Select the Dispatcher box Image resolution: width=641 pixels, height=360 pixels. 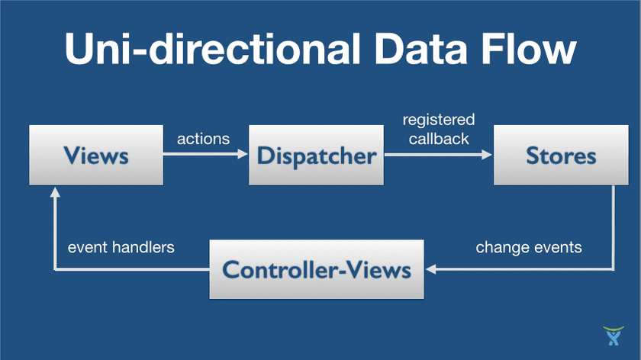point(317,156)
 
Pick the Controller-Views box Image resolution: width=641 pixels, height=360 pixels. point(316,269)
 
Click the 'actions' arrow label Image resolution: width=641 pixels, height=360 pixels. point(203,139)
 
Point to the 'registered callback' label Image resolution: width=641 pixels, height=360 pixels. point(438,129)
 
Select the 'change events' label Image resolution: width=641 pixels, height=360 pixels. point(529,247)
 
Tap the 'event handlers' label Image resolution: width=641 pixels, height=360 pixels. point(121,247)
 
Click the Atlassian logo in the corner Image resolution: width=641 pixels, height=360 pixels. point(612,336)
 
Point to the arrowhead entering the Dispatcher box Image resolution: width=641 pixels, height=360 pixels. point(244,156)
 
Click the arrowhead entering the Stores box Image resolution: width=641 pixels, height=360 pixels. point(488,156)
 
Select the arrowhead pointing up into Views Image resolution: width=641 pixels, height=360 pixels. point(53,194)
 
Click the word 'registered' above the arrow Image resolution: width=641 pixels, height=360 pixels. point(438,120)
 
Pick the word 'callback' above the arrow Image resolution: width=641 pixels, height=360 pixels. point(438,139)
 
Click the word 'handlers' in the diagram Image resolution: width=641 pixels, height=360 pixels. point(147,247)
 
